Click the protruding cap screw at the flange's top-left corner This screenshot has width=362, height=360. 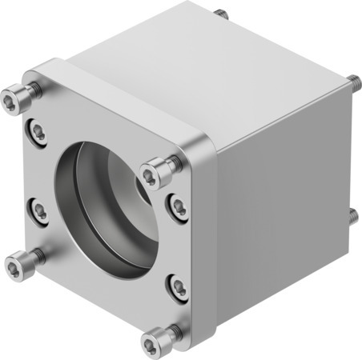[10, 99]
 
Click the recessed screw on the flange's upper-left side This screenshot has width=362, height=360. [37, 127]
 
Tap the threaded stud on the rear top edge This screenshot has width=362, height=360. [219, 13]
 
